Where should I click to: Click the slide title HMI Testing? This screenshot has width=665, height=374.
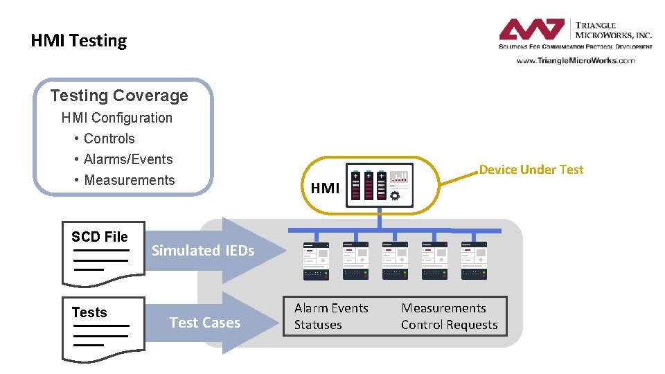[79, 41]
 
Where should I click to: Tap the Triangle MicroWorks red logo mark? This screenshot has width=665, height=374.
[532, 30]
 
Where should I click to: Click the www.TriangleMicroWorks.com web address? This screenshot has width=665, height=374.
[575, 61]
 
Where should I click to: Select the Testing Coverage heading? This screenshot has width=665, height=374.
[119, 96]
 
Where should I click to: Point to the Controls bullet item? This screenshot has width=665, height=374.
[109, 139]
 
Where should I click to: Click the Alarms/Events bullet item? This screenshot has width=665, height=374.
[128, 159]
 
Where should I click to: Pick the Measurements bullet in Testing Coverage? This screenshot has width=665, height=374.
[129, 180]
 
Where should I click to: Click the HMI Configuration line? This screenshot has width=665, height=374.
[117, 118]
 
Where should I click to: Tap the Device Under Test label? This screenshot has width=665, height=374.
[531, 170]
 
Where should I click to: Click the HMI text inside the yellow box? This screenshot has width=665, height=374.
[325, 188]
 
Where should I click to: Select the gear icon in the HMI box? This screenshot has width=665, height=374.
[395, 196]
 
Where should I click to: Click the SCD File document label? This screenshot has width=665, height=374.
[100, 237]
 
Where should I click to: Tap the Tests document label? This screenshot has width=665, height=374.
[89, 312]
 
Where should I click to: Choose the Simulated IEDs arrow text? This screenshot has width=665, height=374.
[203, 251]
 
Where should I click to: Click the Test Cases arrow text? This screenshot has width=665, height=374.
[205, 323]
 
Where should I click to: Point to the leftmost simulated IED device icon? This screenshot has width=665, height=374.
[316, 261]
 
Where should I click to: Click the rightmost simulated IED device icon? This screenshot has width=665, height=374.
[475, 261]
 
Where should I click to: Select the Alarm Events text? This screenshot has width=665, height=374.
[331, 308]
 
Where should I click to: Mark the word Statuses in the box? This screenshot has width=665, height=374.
[318, 325]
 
